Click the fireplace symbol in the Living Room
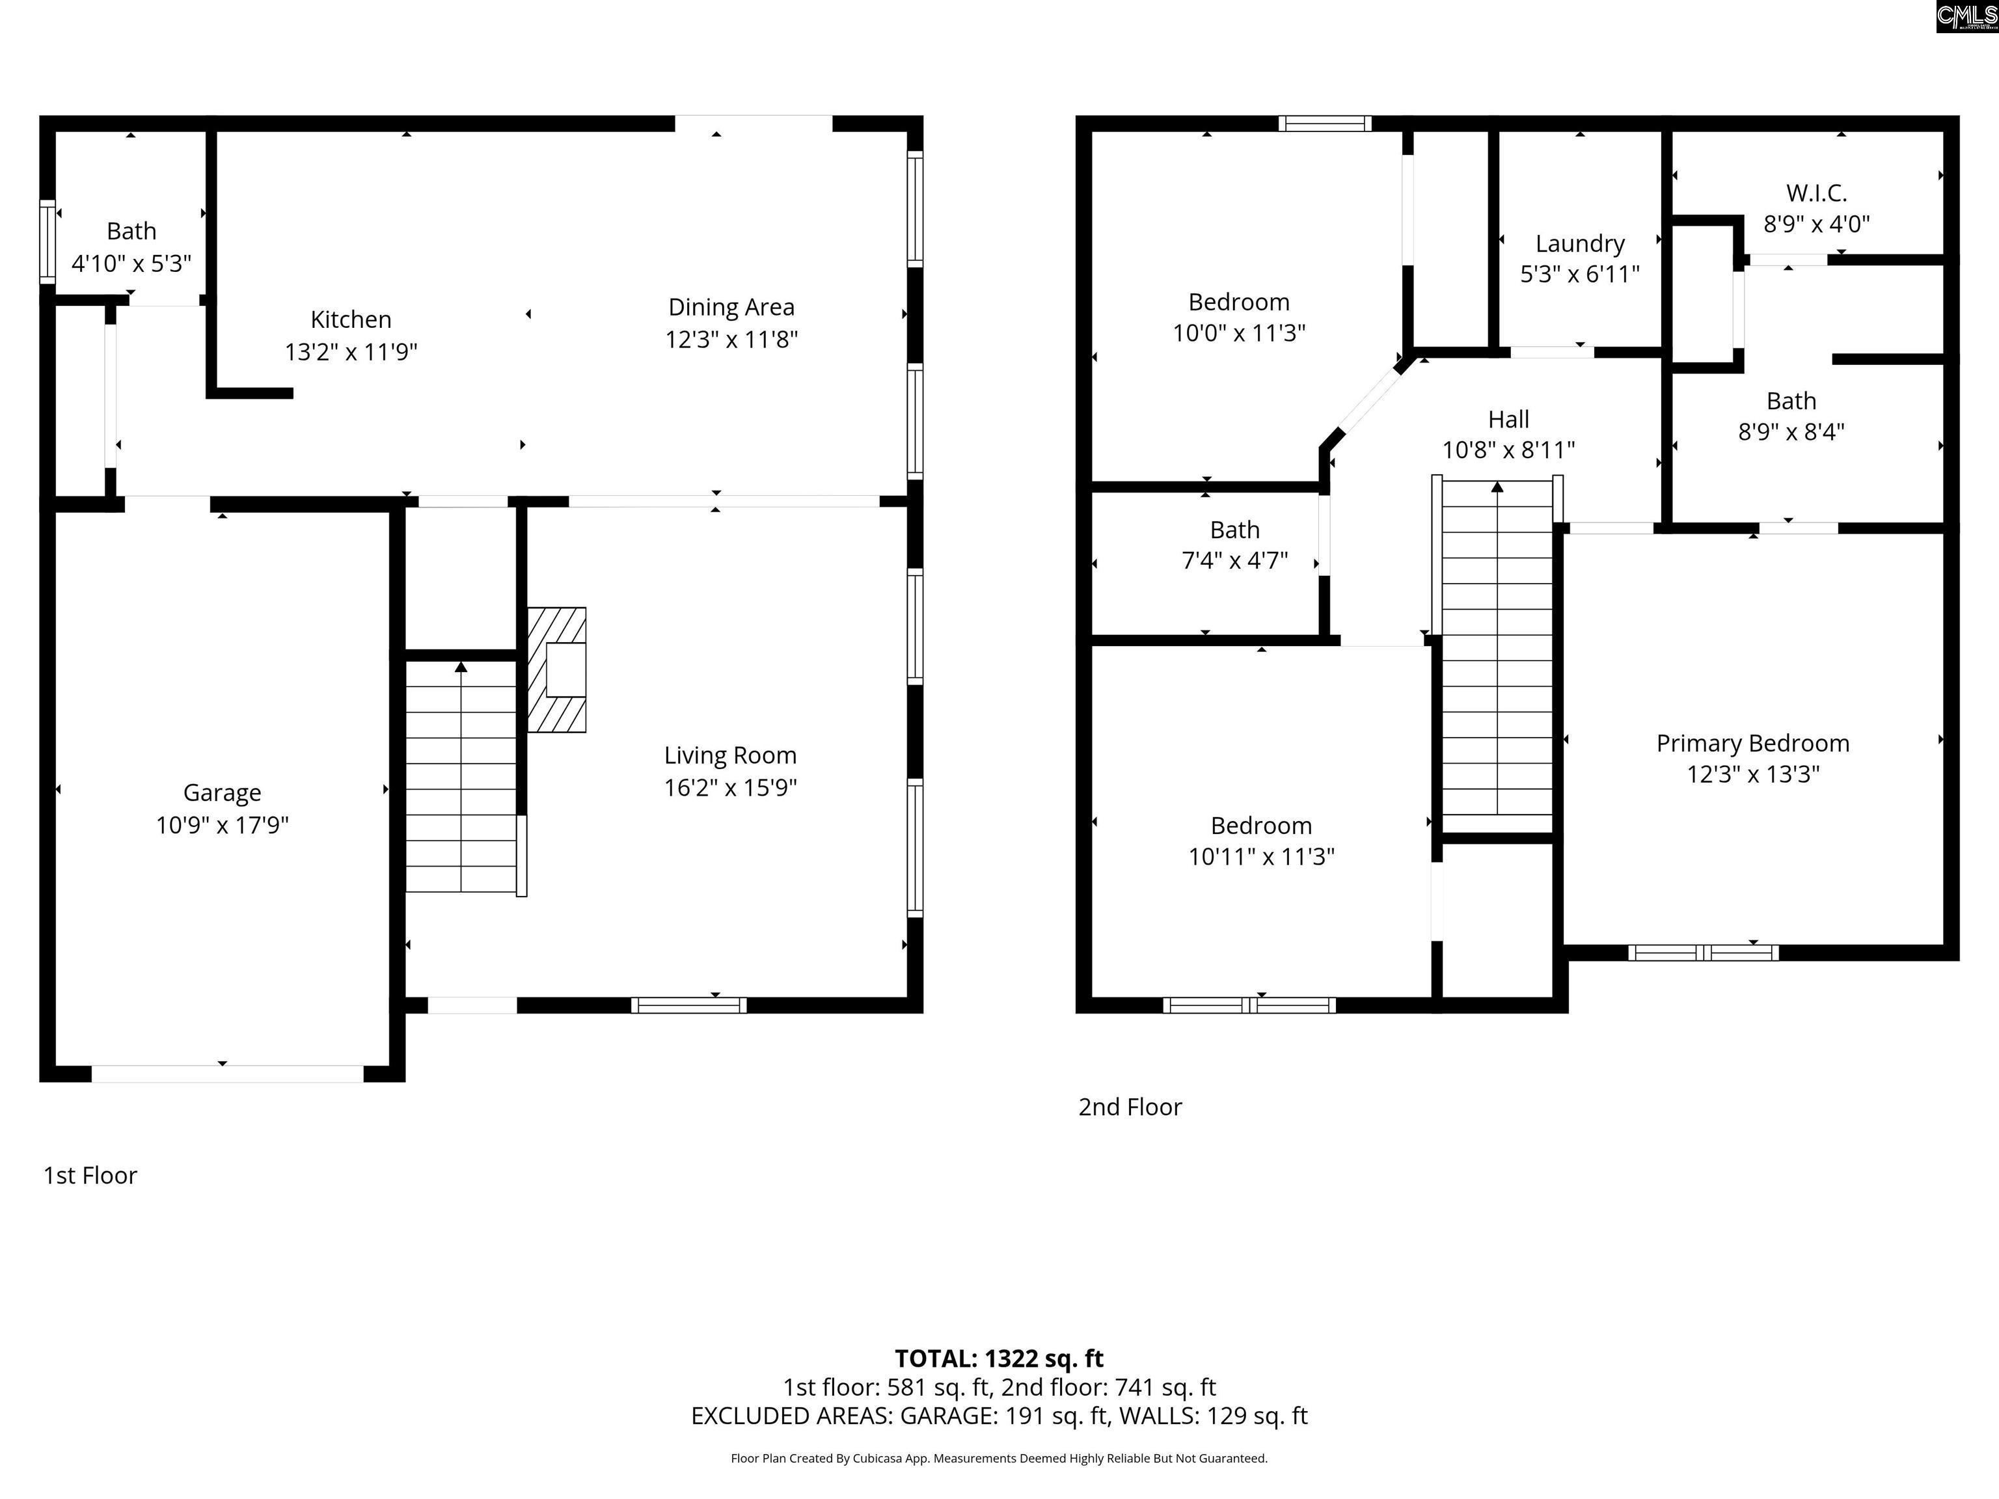point(556,669)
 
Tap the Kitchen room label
point(351,320)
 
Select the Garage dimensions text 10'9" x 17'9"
point(223,825)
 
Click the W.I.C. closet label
point(1816,193)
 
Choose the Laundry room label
point(1580,244)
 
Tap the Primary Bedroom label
point(1753,744)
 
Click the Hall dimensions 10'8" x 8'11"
point(1508,450)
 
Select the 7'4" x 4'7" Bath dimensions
point(1234,560)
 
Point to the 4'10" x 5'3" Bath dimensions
point(132,263)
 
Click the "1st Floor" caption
point(90,1176)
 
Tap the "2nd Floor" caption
point(1130,1107)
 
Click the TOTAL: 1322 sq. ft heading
point(999,1359)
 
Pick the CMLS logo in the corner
point(1967,16)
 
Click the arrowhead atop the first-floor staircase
point(461,667)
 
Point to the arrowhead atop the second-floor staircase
point(1497,487)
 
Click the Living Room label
point(730,755)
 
